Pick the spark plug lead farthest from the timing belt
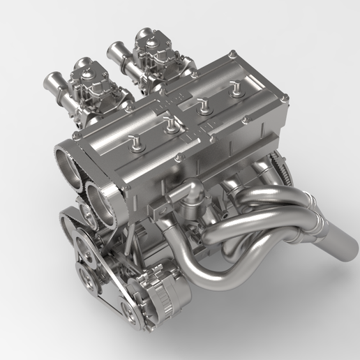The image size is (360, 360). (x=235, y=89)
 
